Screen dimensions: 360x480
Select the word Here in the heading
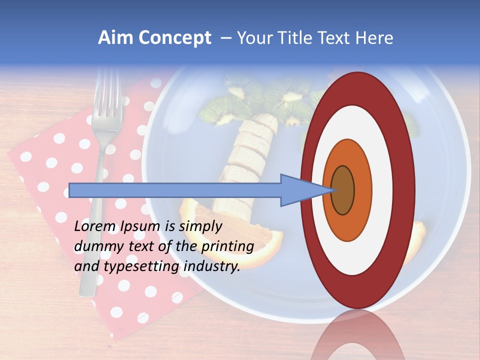click(x=374, y=38)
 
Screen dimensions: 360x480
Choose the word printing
click(x=227, y=247)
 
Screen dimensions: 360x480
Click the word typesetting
click(x=141, y=267)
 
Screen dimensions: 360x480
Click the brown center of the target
click(x=342, y=190)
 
